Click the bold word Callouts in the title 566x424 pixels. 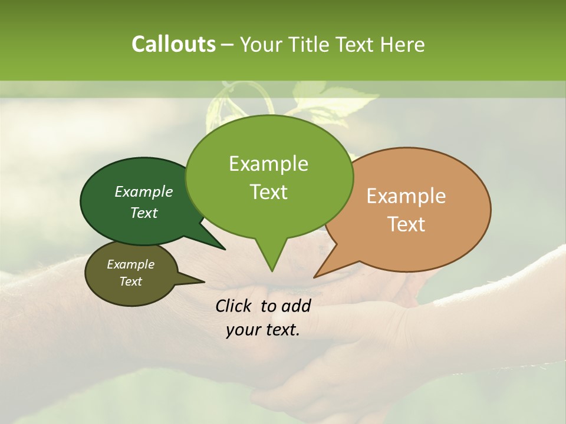[173, 44]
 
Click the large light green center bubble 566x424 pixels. [269, 177]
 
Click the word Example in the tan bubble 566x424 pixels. [406, 196]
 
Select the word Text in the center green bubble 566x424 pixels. [269, 192]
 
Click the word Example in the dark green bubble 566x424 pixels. [144, 191]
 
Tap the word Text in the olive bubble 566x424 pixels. [131, 281]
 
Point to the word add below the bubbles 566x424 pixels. [297, 306]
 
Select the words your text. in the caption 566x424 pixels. [263, 330]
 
